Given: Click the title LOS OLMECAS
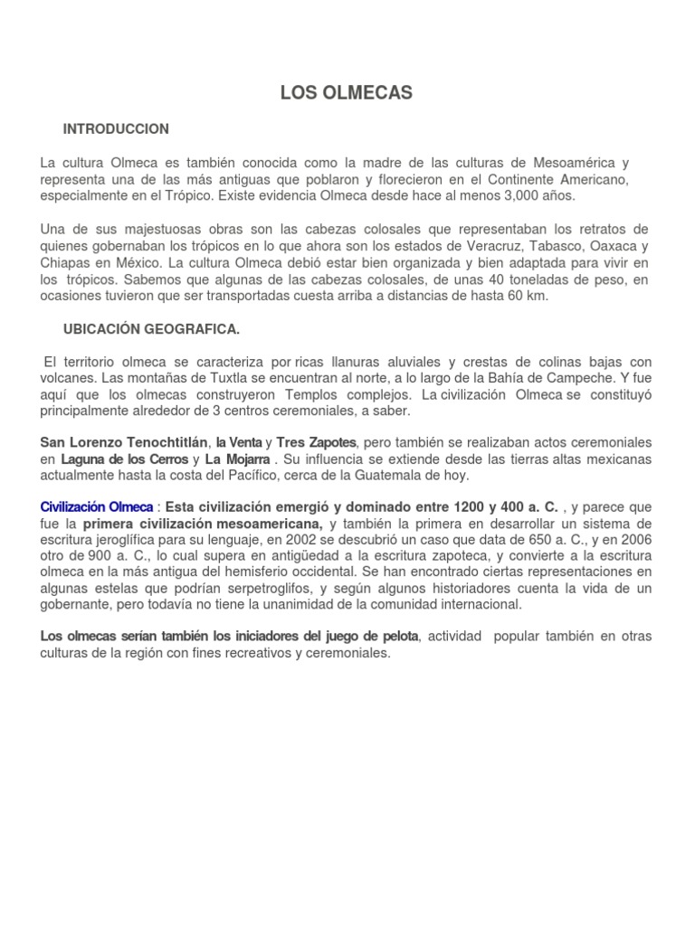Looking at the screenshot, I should click(x=347, y=92).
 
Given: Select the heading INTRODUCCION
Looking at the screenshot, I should click(x=116, y=129).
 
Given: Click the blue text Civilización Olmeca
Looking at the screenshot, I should click(x=95, y=507).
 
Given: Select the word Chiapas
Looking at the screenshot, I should click(x=66, y=261).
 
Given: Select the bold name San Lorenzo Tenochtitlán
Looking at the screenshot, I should click(x=124, y=442).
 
